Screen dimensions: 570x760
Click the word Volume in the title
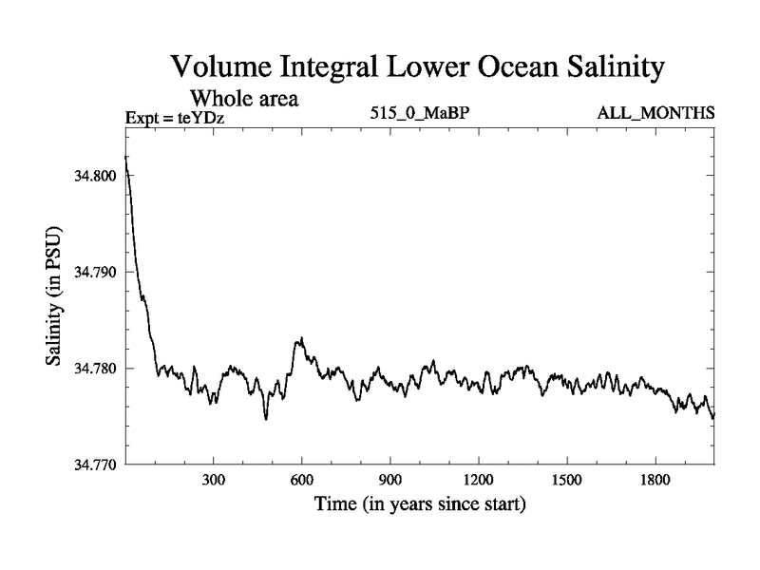(x=220, y=68)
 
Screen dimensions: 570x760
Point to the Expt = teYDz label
(x=180, y=118)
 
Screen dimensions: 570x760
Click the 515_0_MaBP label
(x=421, y=114)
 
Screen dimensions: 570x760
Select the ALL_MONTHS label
(x=655, y=114)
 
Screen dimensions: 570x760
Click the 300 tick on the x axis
(x=213, y=481)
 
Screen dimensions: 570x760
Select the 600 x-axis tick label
(x=301, y=481)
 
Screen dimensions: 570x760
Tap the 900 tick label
(x=389, y=481)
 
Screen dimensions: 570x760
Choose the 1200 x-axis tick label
(x=478, y=481)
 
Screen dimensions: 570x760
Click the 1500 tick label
(x=566, y=481)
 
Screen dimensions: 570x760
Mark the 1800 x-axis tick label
(x=655, y=481)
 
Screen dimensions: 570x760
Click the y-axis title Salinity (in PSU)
(x=52, y=297)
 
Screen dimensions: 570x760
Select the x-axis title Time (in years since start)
(x=420, y=503)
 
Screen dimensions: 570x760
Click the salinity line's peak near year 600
(x=301, y=337)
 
